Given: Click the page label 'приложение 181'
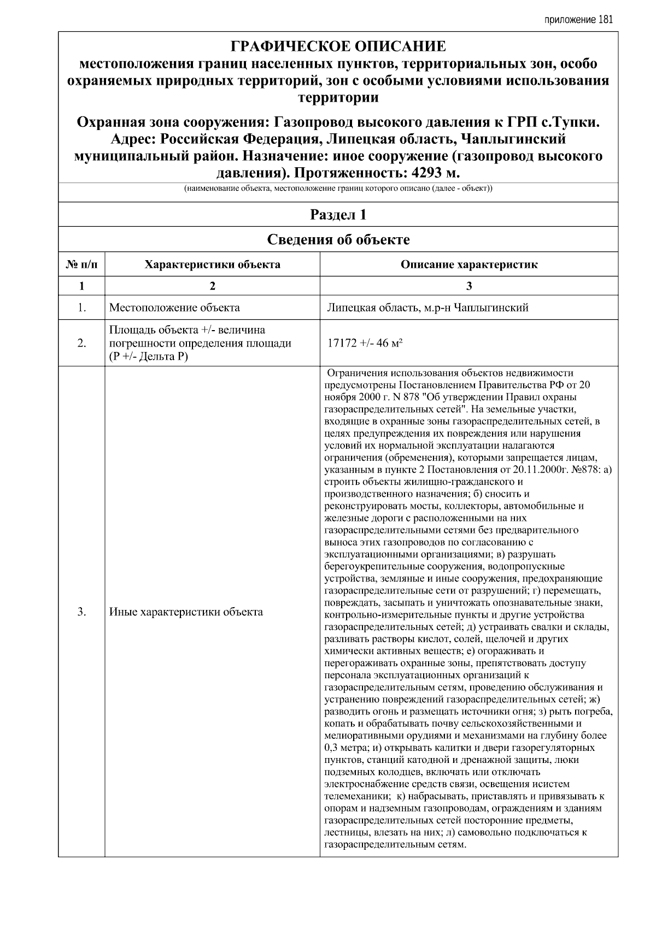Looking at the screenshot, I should coord(579,20).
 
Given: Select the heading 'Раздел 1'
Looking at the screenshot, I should coord(338,215).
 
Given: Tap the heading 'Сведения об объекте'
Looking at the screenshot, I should coord(338,239).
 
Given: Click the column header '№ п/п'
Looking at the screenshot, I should coord(81,265).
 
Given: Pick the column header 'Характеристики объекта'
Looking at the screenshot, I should coord(212,265).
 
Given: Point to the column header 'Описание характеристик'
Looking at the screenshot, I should coord(468,265).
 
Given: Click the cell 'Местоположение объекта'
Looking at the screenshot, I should coord(174,308).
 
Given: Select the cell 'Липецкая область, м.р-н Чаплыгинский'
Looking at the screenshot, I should coord(427,308).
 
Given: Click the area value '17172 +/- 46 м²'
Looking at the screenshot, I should coord(365,343).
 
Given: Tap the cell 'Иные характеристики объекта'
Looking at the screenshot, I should coord(186,612).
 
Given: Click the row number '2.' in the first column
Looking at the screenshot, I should coord(81,343).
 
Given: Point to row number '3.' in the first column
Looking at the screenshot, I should coord(81,612).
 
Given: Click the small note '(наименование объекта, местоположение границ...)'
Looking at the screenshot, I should coord(338,189).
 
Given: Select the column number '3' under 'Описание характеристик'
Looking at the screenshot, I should coord(468,286).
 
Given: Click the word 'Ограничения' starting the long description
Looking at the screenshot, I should coord(355,373).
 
